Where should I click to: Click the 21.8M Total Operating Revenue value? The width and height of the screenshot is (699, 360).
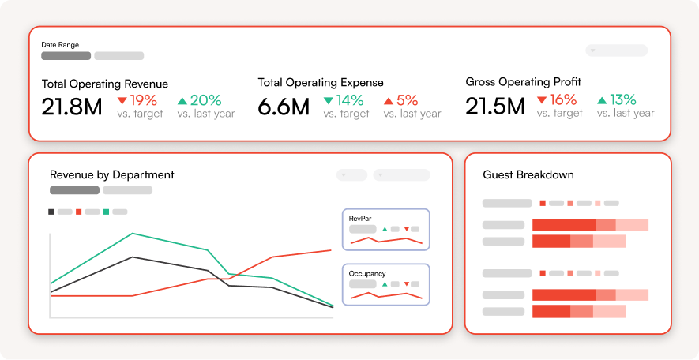click(72, 107)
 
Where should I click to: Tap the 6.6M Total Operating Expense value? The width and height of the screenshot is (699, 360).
click(284, 107)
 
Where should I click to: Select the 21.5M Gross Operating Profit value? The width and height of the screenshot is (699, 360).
click(494, 106)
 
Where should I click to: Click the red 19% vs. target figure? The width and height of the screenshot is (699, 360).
click(144, 100)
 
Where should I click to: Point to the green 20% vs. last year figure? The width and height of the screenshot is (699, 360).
click(206, 100)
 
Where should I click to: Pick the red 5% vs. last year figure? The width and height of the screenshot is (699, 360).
click(408, 100)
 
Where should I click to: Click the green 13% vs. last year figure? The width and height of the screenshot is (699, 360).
click(622, 99)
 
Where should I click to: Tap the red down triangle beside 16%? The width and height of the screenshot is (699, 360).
click(542, 99)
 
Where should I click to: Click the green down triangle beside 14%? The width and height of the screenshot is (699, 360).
click(329, 101)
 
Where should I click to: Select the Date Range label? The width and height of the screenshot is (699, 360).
click(60, 44)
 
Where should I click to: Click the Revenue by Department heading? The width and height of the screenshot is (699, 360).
click(112, 174)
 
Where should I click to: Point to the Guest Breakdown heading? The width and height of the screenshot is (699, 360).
click(528, 174)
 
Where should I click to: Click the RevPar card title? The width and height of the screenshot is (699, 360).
click(360, 219)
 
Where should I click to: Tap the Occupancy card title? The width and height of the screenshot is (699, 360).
click(367, 274)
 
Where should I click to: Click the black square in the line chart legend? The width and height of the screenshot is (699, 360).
click(51, 212)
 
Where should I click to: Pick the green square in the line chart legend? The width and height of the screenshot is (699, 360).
click(106, 212)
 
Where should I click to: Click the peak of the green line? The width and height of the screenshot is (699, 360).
click(133, 233)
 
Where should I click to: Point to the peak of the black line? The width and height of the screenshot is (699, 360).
click(133, 257)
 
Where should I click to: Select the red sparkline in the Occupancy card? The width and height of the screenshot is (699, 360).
click(386, 295)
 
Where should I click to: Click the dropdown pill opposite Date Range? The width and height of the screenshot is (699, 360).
click(617, 51)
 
